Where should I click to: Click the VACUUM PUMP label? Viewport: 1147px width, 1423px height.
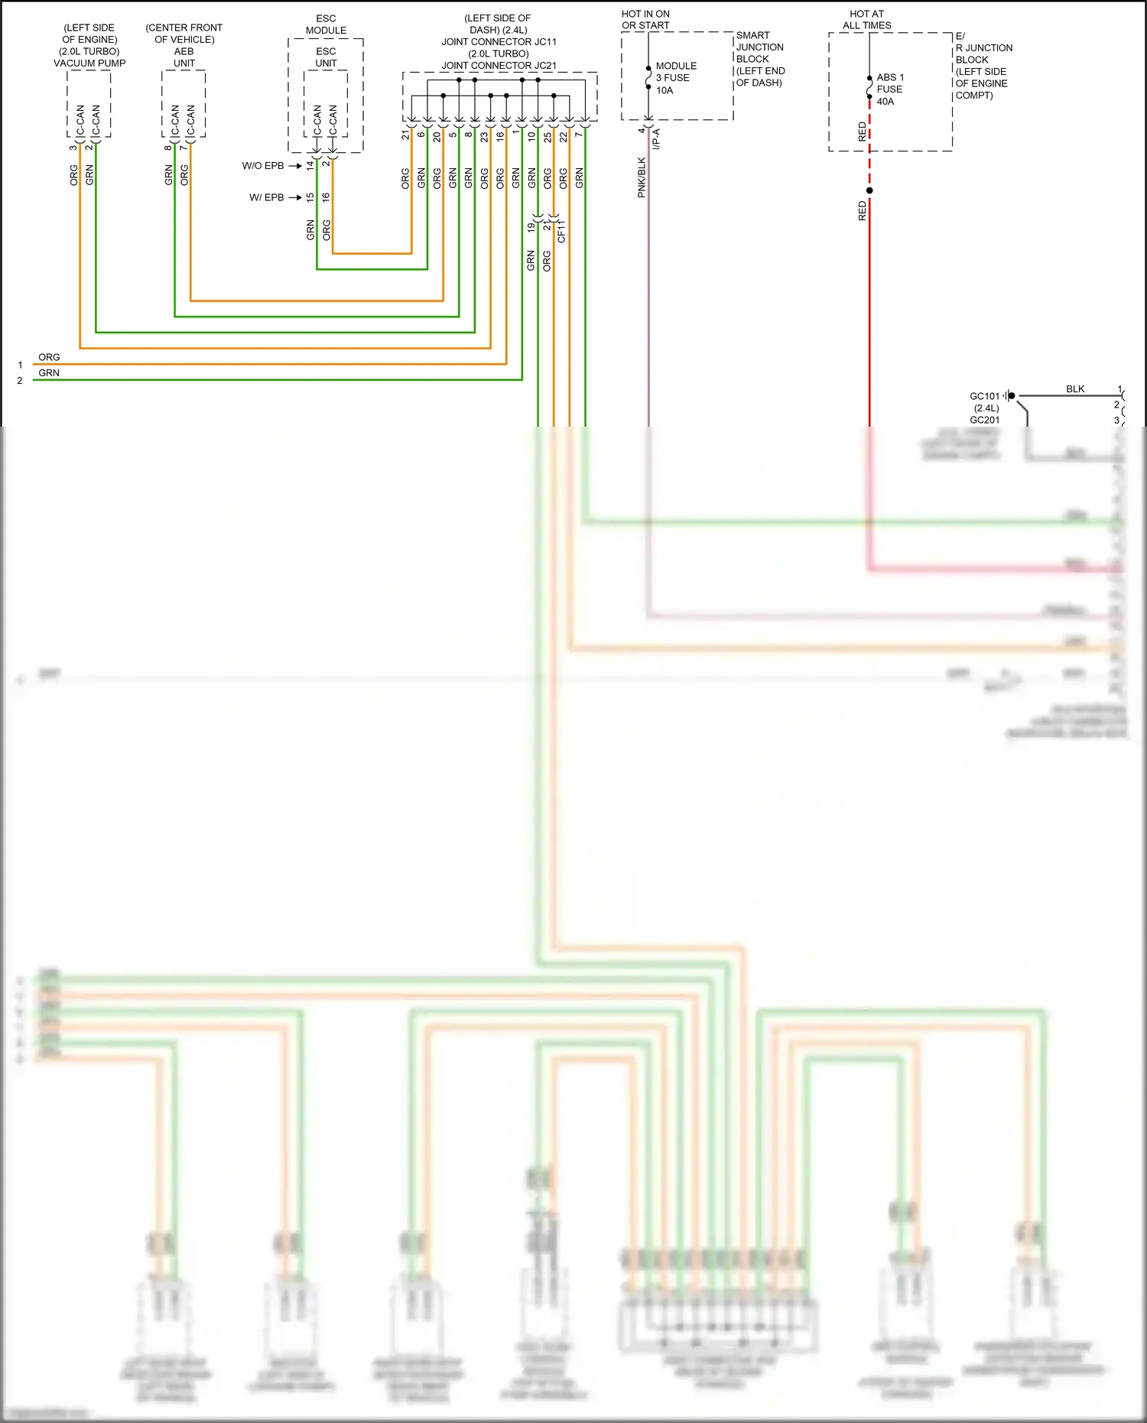(89, 63)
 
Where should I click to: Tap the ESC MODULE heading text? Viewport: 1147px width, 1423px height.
(326, 24)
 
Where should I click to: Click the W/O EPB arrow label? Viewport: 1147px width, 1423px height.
(263, 166)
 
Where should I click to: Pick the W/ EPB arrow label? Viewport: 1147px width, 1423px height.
(266, 197)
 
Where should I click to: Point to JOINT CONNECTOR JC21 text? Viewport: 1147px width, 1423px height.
(499, 66)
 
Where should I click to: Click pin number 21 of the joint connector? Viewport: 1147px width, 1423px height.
(405, 135)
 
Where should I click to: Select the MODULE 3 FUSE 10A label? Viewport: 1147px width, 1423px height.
(676, 78)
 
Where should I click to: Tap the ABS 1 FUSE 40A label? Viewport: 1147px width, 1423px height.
(889, 89)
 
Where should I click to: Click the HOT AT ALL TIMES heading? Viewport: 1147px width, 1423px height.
(866, 20)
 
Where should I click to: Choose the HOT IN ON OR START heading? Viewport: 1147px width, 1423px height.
(645, 20)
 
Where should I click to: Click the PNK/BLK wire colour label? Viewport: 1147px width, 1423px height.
(642, 177)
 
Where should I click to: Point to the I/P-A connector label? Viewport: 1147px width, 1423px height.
(656, 139)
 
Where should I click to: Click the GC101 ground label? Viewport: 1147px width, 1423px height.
(984, 396)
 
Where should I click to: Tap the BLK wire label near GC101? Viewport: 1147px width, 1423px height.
(1075, 389)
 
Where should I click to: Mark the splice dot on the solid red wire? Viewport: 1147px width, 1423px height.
(869, 190)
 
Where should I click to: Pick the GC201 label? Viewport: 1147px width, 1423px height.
(984, 420)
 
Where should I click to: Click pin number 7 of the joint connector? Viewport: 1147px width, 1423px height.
(579, 135)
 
